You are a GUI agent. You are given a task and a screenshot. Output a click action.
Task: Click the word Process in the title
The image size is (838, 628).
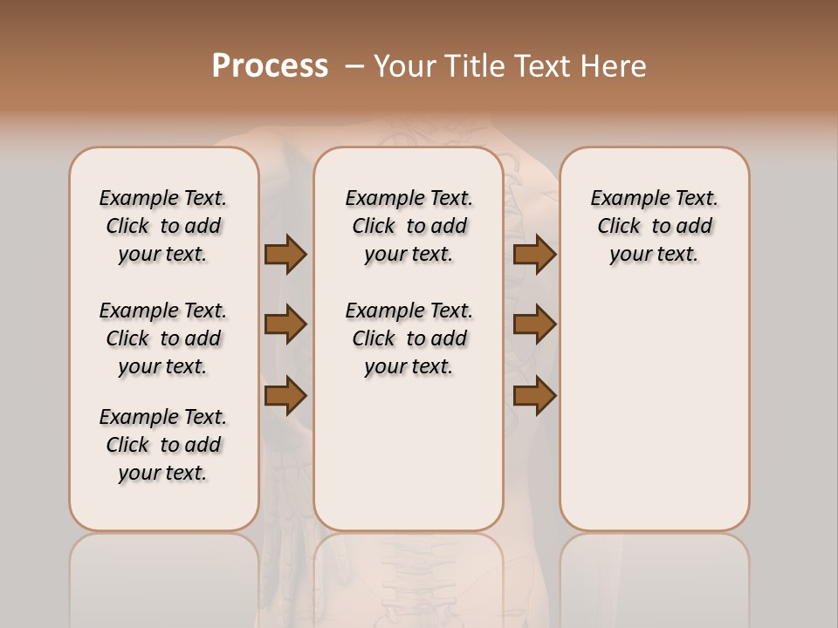point(270,66)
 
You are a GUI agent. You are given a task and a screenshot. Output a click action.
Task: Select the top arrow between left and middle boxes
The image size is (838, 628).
point(285,254)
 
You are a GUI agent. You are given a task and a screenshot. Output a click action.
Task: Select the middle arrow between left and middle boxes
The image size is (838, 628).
point(285,324)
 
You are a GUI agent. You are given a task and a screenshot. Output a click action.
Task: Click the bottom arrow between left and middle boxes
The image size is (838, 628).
point(285,395)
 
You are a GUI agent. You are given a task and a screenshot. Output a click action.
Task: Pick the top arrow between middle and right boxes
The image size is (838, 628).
point(534,254)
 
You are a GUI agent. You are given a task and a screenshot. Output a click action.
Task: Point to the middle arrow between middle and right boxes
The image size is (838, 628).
point(534,324)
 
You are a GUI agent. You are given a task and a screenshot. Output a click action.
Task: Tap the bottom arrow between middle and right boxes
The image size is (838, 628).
point(534,395)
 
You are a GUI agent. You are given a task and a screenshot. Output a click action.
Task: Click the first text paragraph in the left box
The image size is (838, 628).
point(163,226)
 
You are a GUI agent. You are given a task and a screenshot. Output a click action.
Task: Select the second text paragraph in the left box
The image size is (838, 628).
point(163,338)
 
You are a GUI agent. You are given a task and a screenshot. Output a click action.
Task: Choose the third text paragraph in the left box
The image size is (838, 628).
point(163,445)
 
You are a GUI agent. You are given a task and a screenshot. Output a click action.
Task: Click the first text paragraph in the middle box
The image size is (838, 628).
point(409,226)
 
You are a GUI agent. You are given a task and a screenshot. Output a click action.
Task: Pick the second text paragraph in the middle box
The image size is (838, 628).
point(409,338)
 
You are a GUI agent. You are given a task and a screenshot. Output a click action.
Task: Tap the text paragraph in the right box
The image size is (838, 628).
point(654,226)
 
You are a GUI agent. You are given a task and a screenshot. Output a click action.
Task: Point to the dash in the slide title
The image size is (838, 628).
point(354,66)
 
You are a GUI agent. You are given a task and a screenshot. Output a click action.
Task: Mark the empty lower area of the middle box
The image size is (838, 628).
point(409,454)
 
